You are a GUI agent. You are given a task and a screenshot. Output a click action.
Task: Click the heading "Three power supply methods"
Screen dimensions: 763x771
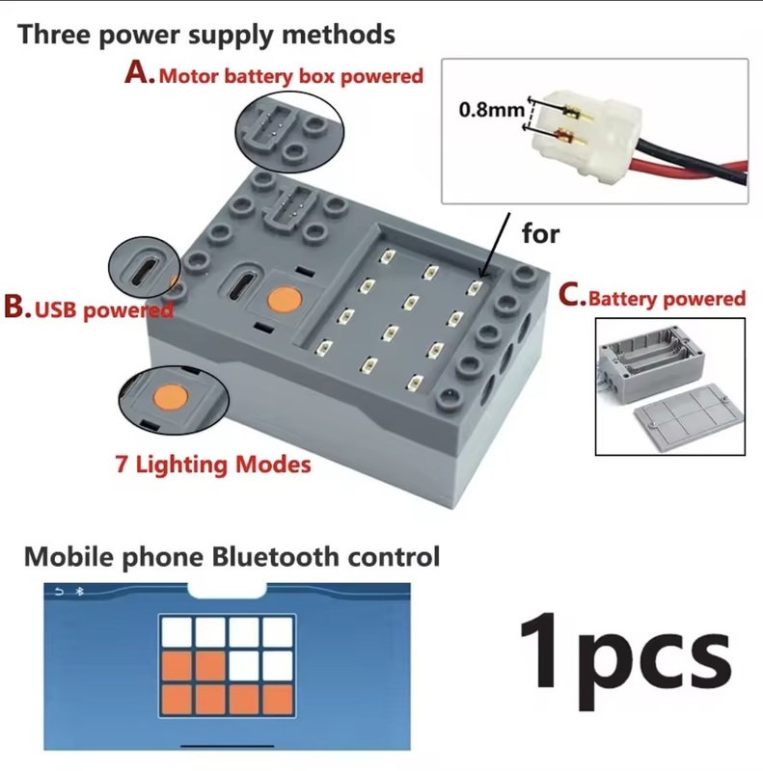point(206,36)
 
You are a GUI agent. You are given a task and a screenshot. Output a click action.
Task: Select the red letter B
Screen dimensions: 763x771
point(16,306)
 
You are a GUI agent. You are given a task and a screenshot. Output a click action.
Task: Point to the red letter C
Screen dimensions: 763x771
point(572,295)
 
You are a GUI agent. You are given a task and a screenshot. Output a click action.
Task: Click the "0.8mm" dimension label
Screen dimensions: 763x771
point(491,110)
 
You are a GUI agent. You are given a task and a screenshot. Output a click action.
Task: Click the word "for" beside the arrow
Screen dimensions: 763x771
point(540,233)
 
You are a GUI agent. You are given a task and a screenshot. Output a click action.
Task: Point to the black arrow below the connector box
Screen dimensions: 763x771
point(495,246)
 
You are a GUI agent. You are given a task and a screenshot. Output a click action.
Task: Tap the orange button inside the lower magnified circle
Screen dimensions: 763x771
point(171,397)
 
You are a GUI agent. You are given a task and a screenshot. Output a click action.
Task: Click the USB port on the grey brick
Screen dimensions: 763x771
point(240,286)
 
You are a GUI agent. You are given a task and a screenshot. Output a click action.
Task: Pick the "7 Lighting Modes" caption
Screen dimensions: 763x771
point(213,465)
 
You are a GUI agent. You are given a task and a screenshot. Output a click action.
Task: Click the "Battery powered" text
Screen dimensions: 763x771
point(667,299)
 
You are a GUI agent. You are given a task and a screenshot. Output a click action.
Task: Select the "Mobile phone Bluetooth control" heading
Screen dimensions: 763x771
point(232,557)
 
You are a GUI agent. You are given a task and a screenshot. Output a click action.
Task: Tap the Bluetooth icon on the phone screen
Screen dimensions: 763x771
point(80,591)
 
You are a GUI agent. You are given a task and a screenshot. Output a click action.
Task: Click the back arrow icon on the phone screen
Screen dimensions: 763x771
point(59,592)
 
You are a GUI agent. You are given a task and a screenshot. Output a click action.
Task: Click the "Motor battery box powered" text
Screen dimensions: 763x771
point(291,77)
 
